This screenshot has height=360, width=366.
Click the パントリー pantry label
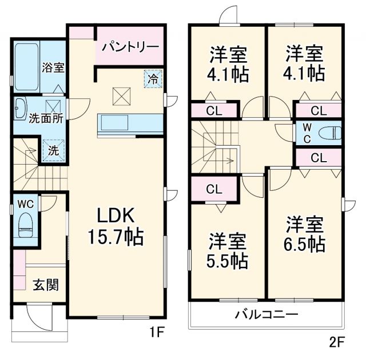coord(130,46)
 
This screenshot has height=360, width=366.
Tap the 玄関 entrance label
coord(45,285)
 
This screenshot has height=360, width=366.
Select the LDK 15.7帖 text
coord(115,225)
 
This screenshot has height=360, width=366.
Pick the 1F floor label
coord(157,331)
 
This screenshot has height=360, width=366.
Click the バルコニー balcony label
coord(266,314)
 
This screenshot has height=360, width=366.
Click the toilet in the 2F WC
coord(330,132)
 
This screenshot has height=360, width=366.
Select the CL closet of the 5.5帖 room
coord(214,189)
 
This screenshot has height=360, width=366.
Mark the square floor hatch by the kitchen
coord(121,95)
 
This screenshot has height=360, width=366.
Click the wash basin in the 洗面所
coord(21,106)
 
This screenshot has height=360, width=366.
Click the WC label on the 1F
coord(25,203)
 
